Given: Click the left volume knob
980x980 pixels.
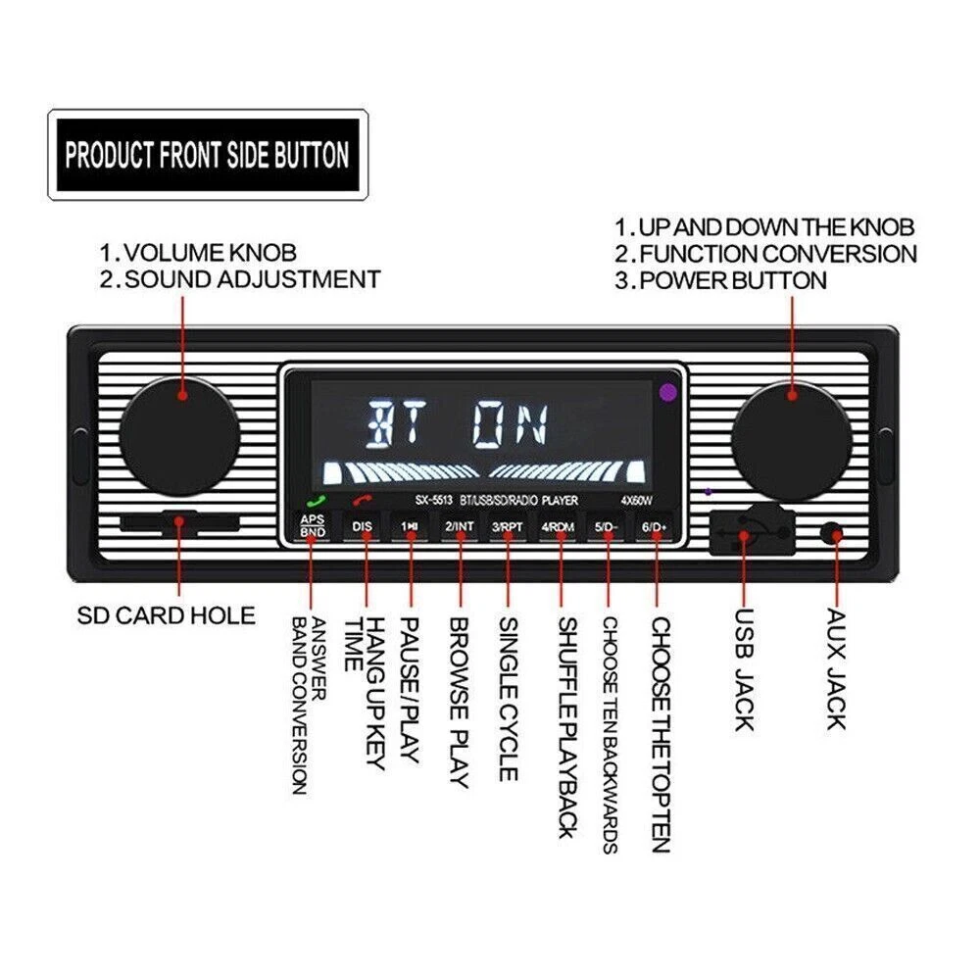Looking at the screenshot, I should pos(180,430).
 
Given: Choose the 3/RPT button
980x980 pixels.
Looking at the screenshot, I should pos(509,526).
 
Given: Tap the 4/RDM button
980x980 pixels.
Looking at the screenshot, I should pos(558,526).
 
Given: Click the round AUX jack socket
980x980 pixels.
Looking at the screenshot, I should pos(833,534).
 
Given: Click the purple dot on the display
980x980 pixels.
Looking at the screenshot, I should pos(668,392).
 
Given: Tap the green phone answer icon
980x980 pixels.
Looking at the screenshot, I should pos(312,502).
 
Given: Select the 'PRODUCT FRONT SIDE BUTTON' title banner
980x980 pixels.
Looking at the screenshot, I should pos(207,155).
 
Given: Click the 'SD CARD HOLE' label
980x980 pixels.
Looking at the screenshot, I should pos(166,615).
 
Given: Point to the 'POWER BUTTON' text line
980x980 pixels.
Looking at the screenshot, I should pos(731,280).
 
